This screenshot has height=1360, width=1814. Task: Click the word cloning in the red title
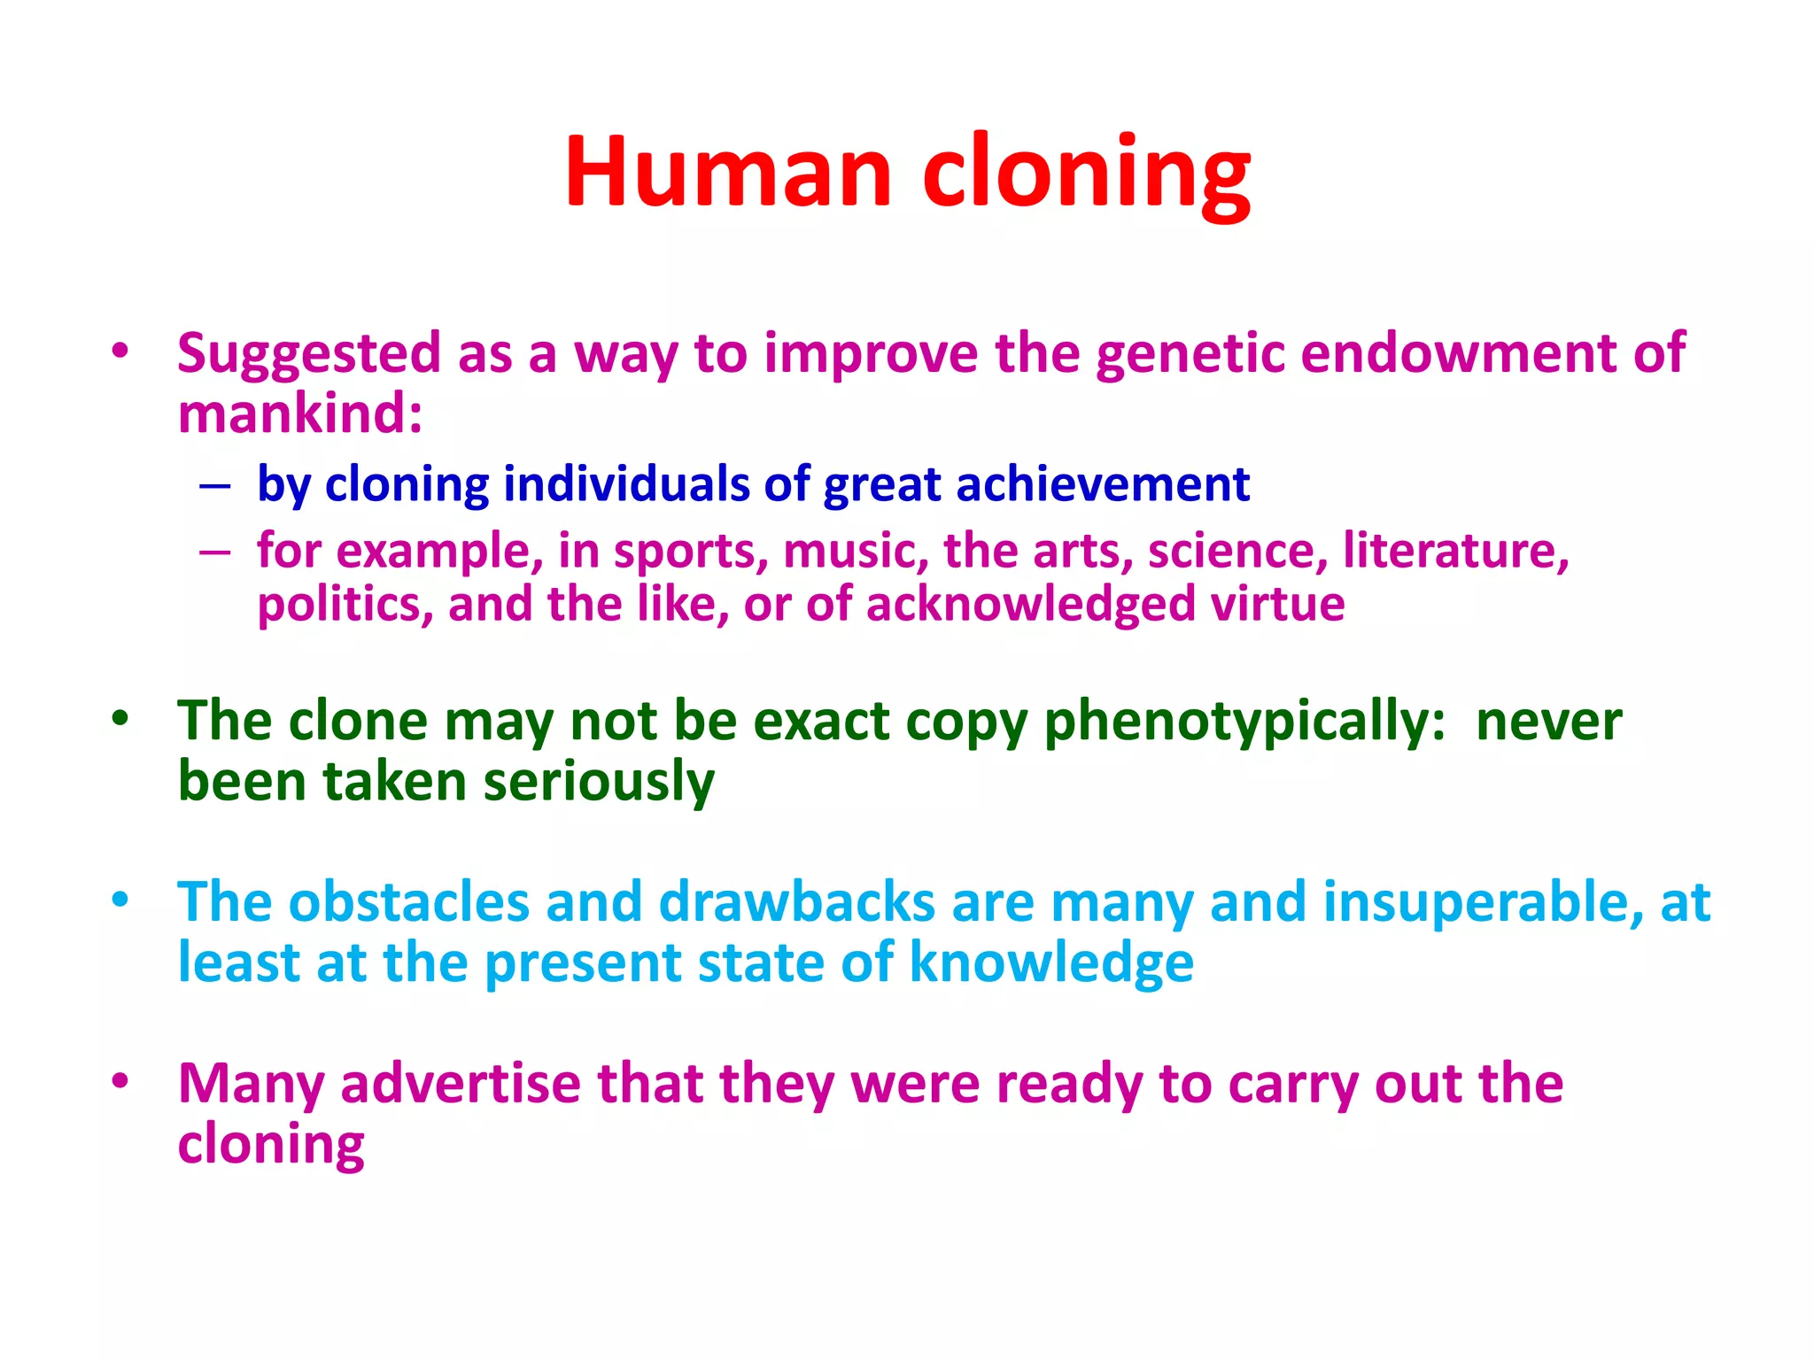pyautogui.click(x=1086, y=173)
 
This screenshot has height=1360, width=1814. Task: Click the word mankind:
pyautogui.click(x=300, y=413)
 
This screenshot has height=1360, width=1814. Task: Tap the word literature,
pyautogui.click(x=1455, y=550)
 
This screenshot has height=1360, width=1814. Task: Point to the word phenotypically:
pyautogui.click(x=1244, y=722)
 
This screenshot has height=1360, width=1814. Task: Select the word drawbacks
pyautogui.click(x=796, y=902)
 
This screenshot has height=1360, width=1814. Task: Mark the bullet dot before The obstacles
pyautogui.click(x=120, y=900)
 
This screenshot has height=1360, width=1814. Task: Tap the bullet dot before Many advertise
pyautogui.click(x=120, y=1081)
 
